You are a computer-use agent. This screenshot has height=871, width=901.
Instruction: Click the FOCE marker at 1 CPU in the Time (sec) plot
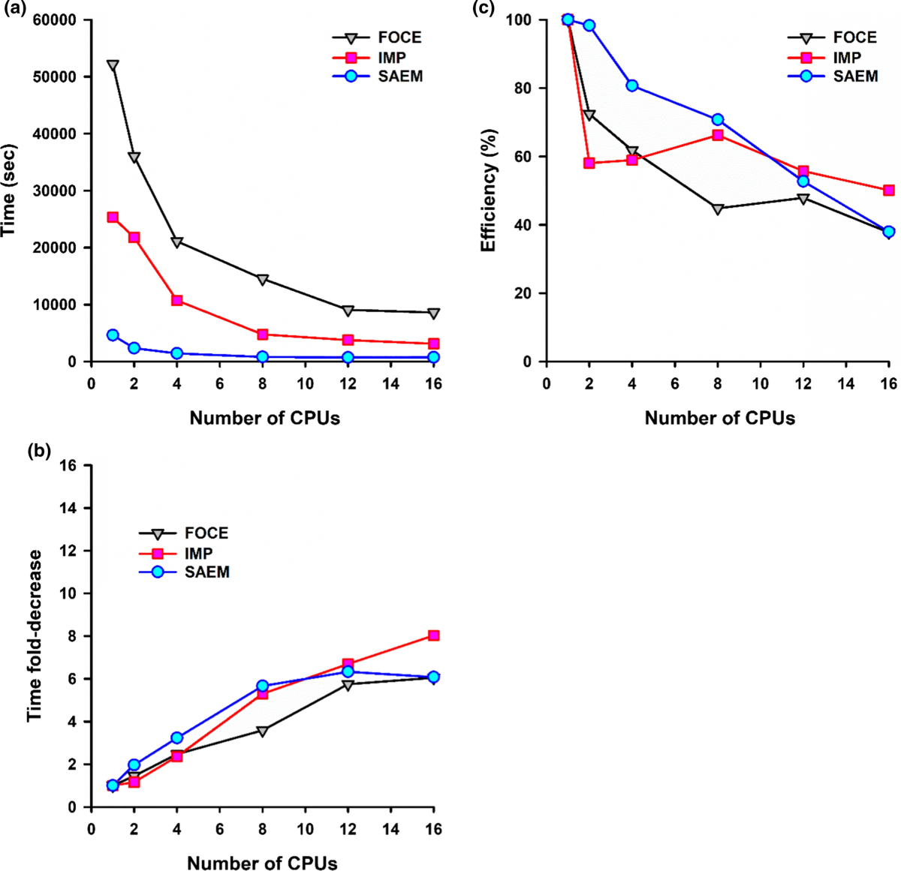[x=113, y=65]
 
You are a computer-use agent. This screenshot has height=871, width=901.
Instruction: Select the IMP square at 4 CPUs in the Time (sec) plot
[x=177, y=300]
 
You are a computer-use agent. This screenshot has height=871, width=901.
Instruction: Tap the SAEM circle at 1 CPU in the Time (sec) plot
[x=113, y=335]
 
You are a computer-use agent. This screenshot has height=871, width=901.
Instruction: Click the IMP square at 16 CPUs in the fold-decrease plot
[x=433, y=635]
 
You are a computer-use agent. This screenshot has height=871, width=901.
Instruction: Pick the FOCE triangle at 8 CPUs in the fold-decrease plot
[x=263, y=731]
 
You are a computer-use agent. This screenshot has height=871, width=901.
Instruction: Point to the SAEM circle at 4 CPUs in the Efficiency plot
[x=632, y=86]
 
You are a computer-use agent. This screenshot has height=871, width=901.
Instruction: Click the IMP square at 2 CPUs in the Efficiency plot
[x=589, y=163]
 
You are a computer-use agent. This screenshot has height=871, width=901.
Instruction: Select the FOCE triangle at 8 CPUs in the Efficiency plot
[x=718, y=209]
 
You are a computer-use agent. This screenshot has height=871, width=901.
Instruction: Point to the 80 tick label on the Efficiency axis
[x=528, y=89]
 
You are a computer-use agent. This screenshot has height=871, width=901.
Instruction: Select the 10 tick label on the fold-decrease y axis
[x=69, y=593]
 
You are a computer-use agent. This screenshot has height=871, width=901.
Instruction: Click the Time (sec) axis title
[x=9, y=190]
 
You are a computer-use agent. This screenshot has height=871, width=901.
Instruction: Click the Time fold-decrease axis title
[x=35, y=636]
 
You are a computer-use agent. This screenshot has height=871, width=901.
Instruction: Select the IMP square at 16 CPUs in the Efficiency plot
[x=888, y=191]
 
